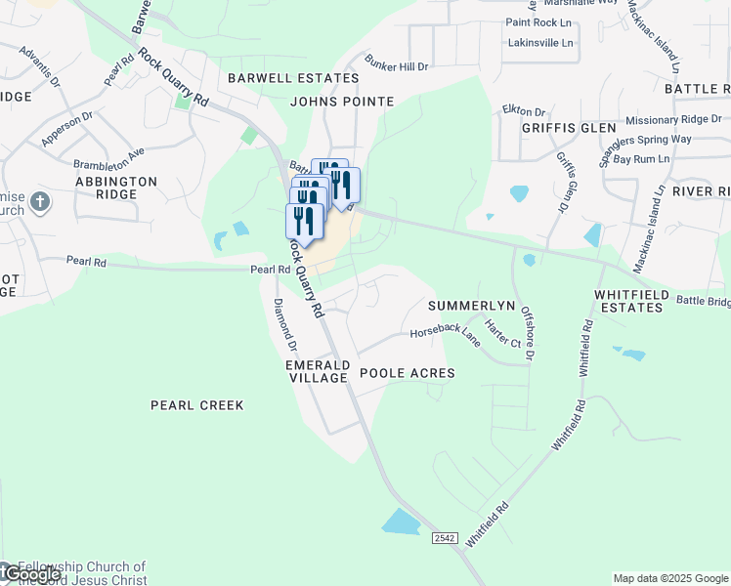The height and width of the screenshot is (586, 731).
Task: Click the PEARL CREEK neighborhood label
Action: click(196, 404)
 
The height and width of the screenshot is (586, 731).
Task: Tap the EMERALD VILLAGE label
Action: click(318, 371)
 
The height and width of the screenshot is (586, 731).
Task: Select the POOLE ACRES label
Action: click(408, 373)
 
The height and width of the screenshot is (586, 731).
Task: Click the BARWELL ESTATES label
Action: click(279, 78)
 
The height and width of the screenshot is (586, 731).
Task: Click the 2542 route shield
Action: click(445, 538)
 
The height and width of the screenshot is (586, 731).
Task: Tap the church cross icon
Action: click(39, 202)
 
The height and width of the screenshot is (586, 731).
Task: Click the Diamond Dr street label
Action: click(285, 324)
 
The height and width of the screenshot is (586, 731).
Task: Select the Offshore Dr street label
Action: click(529, 336)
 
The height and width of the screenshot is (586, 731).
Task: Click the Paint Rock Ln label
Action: click(538, 21)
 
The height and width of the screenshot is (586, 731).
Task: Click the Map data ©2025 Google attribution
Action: click(670, 578)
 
